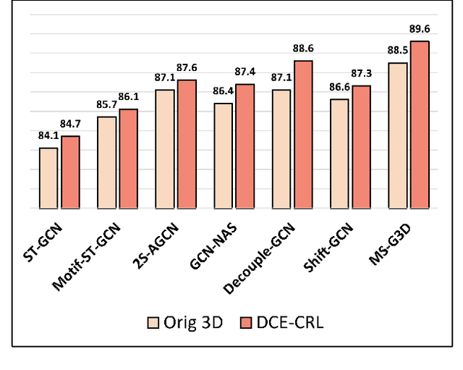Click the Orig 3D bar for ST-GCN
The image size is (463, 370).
tap(48, 178)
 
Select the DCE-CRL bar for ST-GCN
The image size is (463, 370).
tap(71, 172)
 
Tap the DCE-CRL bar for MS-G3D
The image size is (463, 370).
tap(420, 125)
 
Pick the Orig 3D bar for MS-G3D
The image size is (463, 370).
tap(398, 135)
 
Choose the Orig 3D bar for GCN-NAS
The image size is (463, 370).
tap(223, 156)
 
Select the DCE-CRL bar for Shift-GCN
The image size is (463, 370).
tap(362, 147)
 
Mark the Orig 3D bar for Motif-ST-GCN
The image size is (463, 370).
tap(106, 162)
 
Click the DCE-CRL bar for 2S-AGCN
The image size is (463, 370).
tap(187, 144)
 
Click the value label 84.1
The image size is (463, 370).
tap(49, 134)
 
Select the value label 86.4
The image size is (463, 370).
tap(222, 91)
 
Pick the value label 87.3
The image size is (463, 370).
tap(362, 75)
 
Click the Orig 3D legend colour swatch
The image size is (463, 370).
tap(153, 322)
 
